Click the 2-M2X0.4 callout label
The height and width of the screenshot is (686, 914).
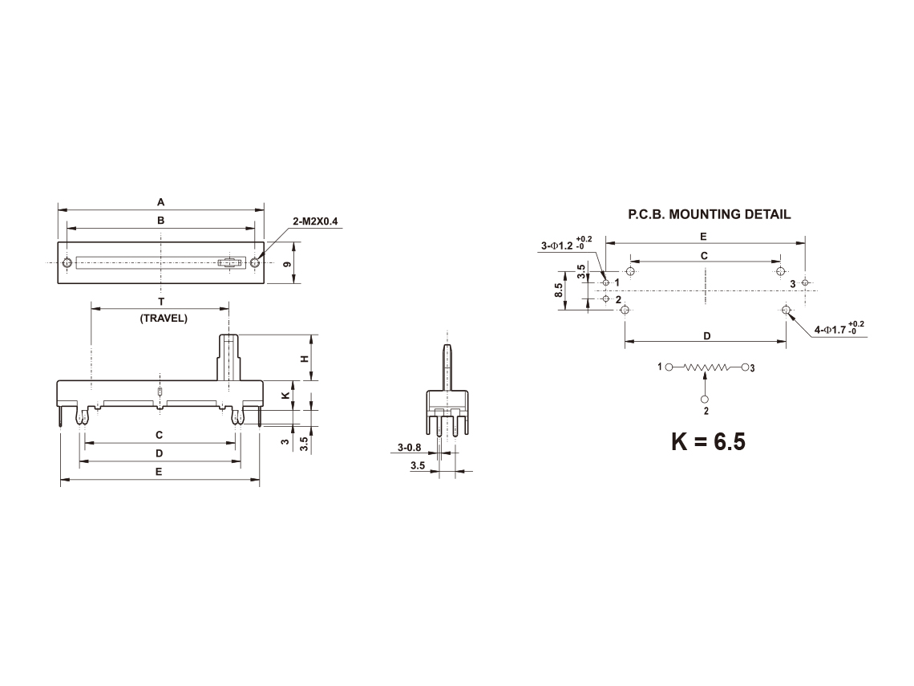point(315,221)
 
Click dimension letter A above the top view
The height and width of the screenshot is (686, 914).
point(161,202)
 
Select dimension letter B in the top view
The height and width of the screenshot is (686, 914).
point(161,221)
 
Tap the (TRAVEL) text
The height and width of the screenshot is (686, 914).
point(164,319)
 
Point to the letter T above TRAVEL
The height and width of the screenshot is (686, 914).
point(161,302)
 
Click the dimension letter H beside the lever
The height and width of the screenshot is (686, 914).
point(304,359)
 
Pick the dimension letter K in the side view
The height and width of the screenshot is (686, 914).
point(285,395)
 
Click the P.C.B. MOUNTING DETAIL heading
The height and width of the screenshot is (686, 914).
point(710,215)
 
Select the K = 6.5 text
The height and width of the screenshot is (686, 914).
point(708,441)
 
